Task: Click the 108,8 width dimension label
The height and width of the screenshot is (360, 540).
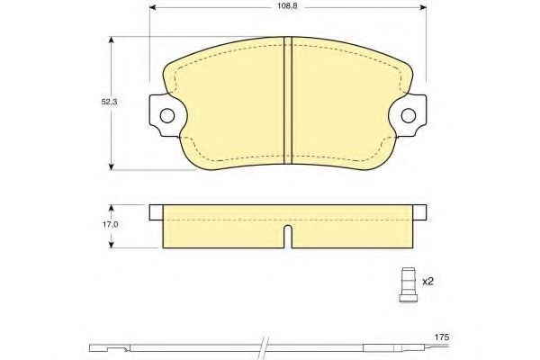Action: click(287, 6)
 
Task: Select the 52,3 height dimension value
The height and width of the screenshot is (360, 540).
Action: click(109, 102)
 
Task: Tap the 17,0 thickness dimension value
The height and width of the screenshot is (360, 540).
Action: click(110, 224)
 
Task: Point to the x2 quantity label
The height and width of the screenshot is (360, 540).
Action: click(427, 282)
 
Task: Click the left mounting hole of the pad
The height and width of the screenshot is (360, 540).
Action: click(167, 115)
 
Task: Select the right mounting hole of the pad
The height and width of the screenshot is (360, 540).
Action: click(409, 115)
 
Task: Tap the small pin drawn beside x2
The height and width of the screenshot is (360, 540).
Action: click(409, 285)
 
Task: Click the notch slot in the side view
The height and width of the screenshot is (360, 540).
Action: click(288, 237)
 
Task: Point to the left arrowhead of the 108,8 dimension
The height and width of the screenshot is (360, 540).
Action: click(153, 7)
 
